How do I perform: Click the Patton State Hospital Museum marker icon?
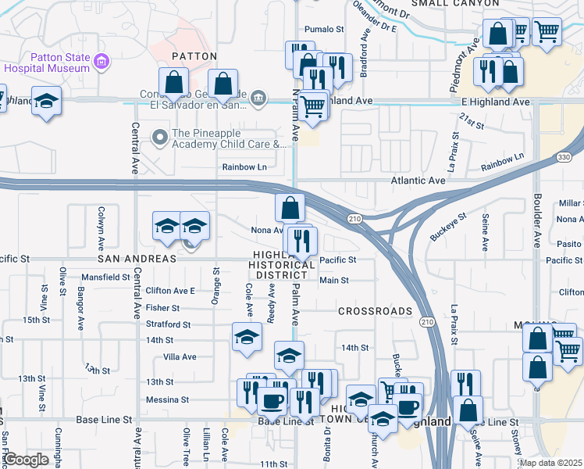[x=100, y=61]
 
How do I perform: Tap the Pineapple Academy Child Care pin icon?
[x=160, y=138]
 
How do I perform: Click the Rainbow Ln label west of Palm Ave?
[x=244, y=166]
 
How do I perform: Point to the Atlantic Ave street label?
[x=418, y=181]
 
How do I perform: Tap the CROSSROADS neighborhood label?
[x=376, y=311]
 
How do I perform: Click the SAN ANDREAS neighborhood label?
[x=137, y=259]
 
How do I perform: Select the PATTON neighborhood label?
[x=194, y=56]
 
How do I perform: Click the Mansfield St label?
[x=105, y=277]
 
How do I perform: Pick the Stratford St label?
[x=168, y=324]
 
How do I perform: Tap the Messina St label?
[x=168, y=399]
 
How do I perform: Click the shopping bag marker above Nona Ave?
[x=290, y=208]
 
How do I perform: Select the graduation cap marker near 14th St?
[x=247, y=337]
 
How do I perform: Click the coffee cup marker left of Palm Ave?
[x=272, y=401]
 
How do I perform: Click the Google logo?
[x=27, y=460]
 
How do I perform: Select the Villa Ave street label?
[x=179, y=356]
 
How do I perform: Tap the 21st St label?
[x=472, y=120]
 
